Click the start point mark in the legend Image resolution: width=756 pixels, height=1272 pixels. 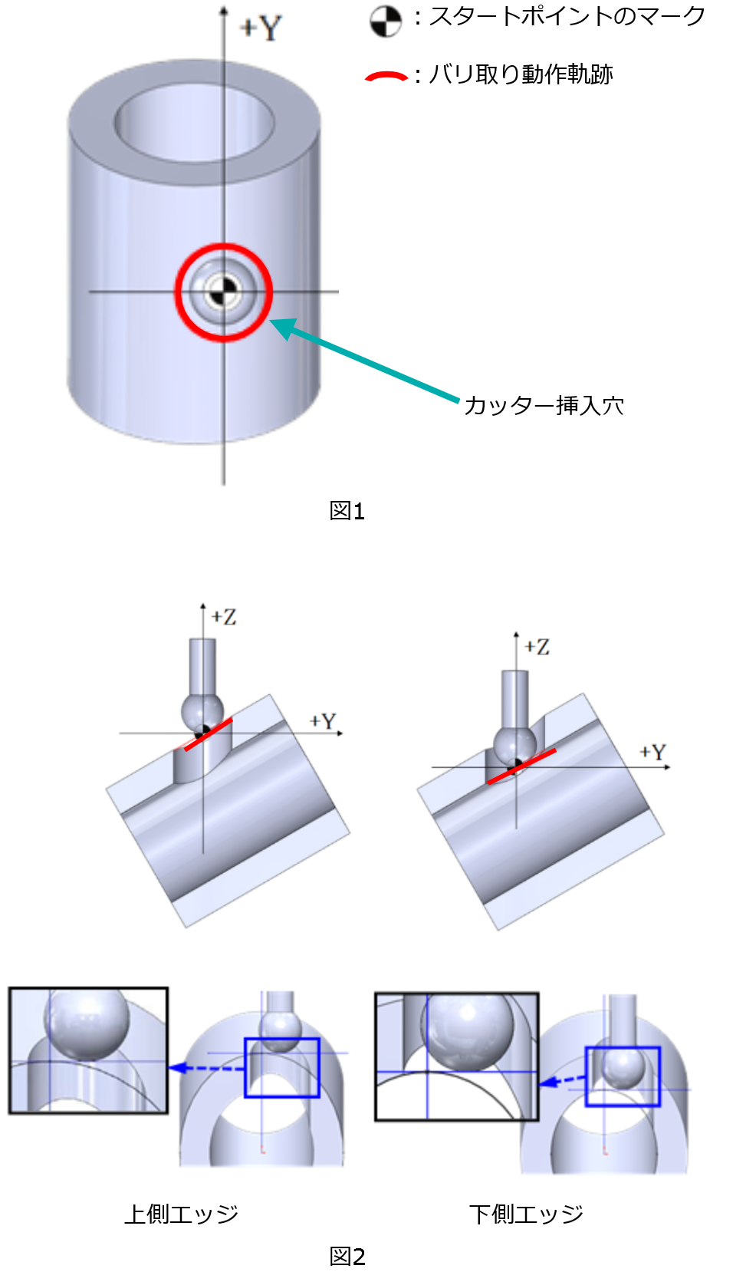pos(386,21)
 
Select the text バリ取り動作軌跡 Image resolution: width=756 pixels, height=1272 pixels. pos(521,74)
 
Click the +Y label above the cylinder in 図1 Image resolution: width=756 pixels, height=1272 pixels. pos(261,28)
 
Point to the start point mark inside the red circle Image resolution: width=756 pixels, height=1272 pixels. pos(224,292)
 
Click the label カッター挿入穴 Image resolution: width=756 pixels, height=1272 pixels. pos(544,405)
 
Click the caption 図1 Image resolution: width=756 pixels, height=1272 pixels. pos(347,510)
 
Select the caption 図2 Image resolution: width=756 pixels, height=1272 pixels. pos(347,1256)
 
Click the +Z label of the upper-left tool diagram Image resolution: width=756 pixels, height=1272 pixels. pos(224,617)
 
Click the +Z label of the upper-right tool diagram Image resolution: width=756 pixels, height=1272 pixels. pos(537,647)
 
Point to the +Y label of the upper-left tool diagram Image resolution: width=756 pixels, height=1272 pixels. pos(323,721)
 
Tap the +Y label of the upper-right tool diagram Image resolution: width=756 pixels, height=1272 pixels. pos(652,752)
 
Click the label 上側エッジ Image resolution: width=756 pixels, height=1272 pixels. pos(181,1214)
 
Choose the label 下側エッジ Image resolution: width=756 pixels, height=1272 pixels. pos(526,1214)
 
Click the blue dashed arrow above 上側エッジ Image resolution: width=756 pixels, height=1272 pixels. pos(207,1068)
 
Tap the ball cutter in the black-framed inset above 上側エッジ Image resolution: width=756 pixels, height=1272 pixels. pos(87,1022)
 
